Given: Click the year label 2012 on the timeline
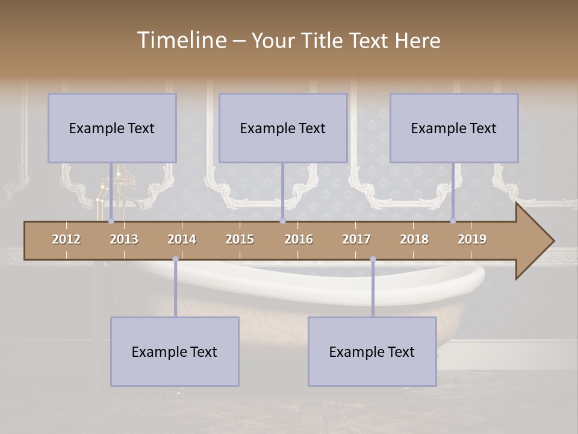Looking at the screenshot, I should click(66, 239).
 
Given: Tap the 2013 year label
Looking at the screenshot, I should click(124, 239).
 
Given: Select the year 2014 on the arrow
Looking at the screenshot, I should click(182, 239).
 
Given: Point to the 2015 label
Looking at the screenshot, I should click(240, 239).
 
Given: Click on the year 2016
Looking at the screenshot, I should click(299, 239).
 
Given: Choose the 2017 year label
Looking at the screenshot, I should click(356, 239).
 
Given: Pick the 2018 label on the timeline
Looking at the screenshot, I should click(414, 239).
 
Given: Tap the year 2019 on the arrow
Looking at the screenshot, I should click(472, 239).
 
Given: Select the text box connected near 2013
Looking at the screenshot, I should click(112, 128).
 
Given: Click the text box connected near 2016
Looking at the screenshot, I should click(283, 128).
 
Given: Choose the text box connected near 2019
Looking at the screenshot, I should click(454, 128).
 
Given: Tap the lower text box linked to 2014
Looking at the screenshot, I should click(175, 351).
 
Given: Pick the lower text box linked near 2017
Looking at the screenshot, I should click(372, 351).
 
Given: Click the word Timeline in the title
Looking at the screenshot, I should click(181, 40).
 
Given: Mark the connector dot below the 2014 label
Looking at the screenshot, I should click(175, 259).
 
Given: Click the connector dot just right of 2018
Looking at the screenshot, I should click(453, 221).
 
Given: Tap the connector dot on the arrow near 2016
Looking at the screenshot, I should click(282, 221).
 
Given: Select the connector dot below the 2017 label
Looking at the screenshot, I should click(373, 259).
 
